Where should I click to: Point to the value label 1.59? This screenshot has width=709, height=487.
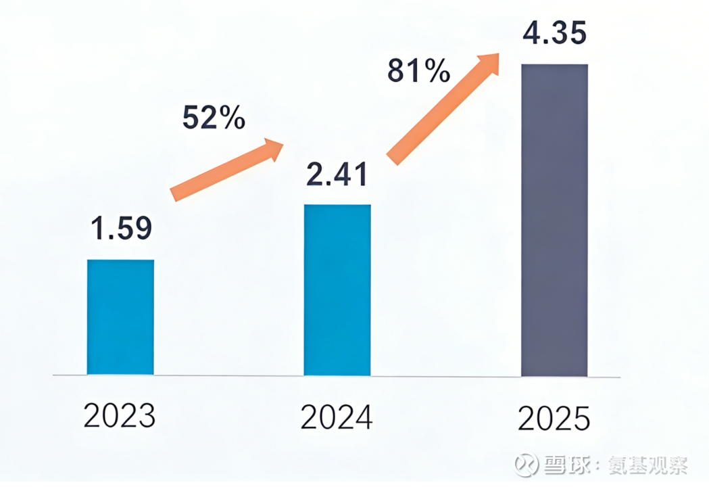(122, 229)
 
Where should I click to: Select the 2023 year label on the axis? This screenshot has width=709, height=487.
(120, 416)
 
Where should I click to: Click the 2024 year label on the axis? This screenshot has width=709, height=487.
(337, 417)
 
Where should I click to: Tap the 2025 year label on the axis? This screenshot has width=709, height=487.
(554, 419)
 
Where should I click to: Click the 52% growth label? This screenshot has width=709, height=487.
(214, 118)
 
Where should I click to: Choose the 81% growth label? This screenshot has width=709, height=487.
(419, 70)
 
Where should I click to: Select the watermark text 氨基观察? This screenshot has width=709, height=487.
(650, 465)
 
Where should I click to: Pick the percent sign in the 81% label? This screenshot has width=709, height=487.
(436, 70)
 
